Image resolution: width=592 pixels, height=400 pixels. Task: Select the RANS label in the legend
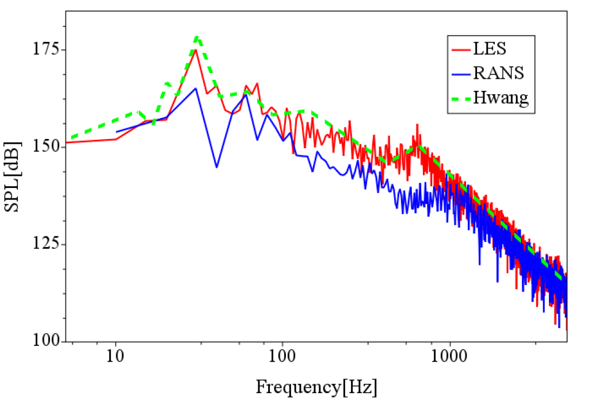(498, 73)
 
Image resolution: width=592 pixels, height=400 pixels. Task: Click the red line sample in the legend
(461, 49)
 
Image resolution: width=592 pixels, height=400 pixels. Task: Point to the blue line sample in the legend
(461, 74)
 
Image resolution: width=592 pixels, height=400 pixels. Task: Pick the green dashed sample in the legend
(461, 98)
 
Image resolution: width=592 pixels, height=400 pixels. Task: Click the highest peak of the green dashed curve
(197, 37)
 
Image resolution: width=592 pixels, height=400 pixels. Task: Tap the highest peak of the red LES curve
(196, 50)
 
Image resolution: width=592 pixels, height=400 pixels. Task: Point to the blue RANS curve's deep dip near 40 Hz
(216, 167)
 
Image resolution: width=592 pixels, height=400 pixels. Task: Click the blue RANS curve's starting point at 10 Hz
(117, 132)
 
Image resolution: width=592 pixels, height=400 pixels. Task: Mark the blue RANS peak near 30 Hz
(196, 89)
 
